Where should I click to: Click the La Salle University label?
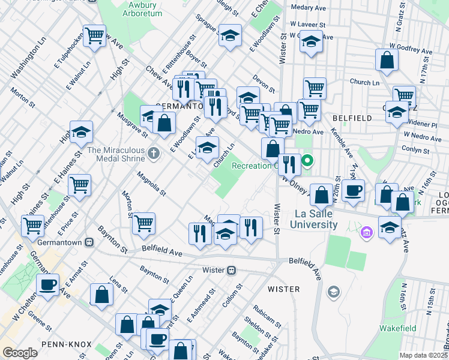click(x=315, y=219)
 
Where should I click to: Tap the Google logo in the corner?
click(x=20, y=353)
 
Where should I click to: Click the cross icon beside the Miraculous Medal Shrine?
click(x=154, y=154)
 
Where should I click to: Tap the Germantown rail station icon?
click(x=89, y=242)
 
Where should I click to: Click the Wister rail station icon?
click(x=230, y=270)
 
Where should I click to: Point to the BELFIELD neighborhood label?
click(x=352, y=118)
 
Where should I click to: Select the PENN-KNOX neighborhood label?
click(x=67, y=344)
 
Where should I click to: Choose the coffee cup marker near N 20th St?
click(x=354, y=191)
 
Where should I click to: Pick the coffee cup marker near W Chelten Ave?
click(x=47, y=284)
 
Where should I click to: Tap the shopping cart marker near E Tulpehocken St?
click(x=94, y=37)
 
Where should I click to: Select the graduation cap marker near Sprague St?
click(x=230, y=35)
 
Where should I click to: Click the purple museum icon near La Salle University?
click(x=366, y=232)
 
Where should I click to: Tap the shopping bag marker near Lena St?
click(x=101, y=294)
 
